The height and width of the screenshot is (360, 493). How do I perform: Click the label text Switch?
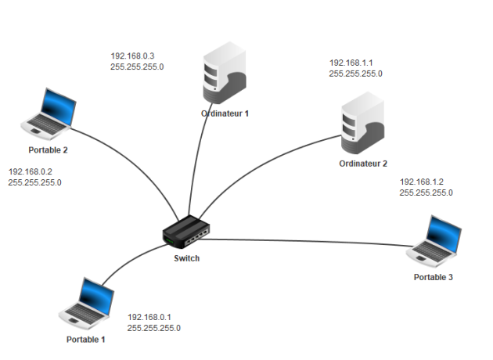(x=187, y=257)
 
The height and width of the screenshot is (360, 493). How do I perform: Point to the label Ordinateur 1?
(x=225, y=113)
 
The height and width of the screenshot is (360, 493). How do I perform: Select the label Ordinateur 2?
(x=363, y=164)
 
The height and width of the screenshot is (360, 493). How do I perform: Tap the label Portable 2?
(x=49, y=149)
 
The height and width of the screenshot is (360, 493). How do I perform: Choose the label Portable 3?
(x=433, y=277)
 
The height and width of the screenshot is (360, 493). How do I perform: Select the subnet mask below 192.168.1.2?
(x=426, y=192)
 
